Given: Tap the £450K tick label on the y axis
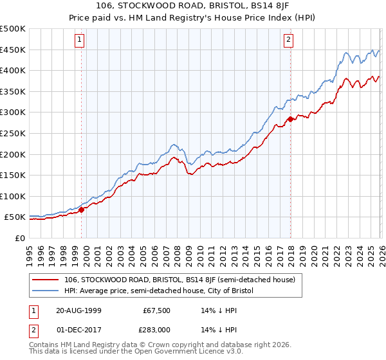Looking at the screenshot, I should pos(13,50).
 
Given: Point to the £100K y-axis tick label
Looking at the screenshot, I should pos(13,197).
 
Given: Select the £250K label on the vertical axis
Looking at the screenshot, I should pos(13,134).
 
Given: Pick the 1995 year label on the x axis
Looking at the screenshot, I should pos(29,251).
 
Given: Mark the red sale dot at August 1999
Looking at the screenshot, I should pos(82,210).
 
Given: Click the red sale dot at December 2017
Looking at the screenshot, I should pos(290,119).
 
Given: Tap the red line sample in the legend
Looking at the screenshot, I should pos(46,280).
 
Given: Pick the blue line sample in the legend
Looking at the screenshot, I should pos(46,291).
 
